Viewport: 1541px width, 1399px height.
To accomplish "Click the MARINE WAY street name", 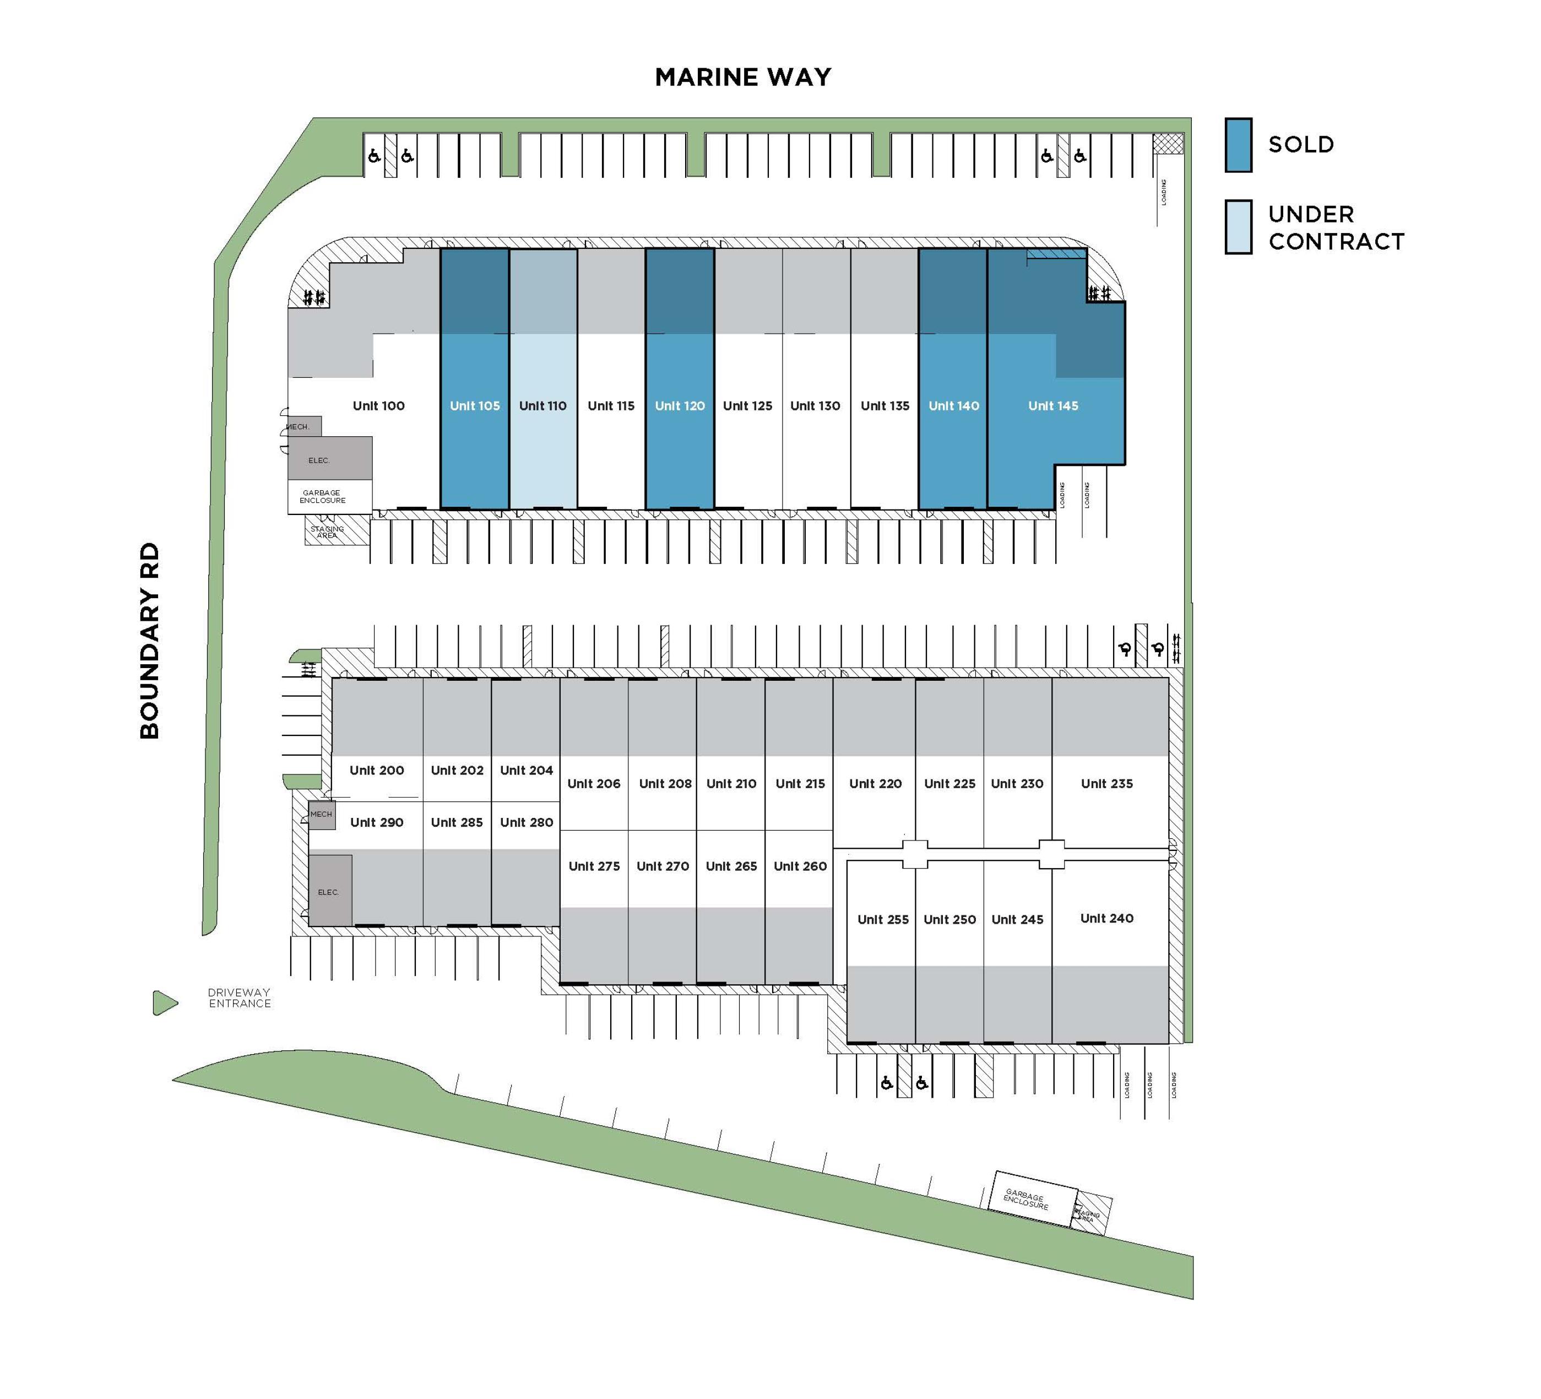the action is (743, 77).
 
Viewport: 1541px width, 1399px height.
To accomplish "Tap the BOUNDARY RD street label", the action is (150, 641).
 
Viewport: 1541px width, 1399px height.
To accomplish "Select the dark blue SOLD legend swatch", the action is (1238, 144).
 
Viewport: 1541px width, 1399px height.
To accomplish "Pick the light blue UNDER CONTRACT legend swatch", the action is (1238, 227).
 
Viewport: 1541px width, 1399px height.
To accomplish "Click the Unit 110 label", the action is (542, 406).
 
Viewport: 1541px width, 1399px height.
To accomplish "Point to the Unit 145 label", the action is (1054, 406).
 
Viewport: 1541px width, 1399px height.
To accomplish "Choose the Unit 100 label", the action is (378, 406).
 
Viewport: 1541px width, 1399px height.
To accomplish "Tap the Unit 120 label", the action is (680, 406).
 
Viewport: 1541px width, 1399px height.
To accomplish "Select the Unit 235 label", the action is (1107, 784).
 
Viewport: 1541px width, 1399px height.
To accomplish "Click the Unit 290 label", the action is (377, 822).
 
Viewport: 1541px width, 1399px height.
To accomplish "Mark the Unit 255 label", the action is (883, 920).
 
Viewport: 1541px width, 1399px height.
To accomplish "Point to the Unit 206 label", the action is (594, 784).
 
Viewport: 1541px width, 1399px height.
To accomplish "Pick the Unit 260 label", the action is (800, 866).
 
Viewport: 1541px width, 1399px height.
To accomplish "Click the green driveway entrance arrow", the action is (164, 1003).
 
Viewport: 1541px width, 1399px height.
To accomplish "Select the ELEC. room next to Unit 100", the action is (330, 459).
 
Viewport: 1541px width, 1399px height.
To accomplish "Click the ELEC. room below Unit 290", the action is (330, 890).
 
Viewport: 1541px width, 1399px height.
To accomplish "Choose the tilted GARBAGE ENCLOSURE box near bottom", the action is (1032, 1199).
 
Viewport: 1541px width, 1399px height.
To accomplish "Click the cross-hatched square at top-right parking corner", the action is (1168, 144).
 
